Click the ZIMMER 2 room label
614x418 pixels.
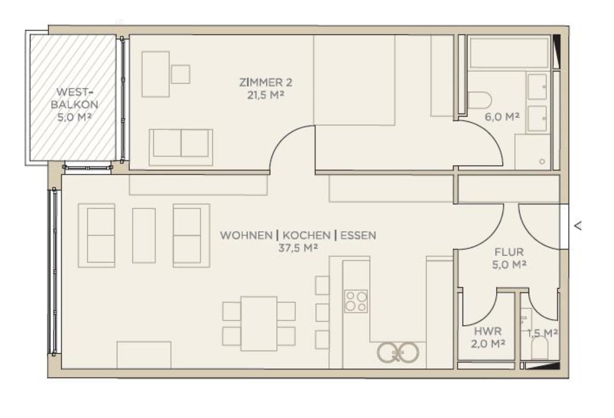coord(266,82)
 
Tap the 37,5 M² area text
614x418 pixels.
coord(298,248)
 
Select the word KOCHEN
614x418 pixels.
coord(306,235)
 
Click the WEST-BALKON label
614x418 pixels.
coord(74,98)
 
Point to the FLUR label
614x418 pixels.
coord(509,252)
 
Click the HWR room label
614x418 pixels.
coord(487,331)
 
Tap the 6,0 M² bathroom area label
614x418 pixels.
coord(502,116)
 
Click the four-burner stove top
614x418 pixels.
coord(356,301)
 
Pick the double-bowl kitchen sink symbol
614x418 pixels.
coord(398,353)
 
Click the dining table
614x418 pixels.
coord(259,324)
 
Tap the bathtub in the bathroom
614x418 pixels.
coord(508,53)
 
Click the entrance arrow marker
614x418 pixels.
coord(578,226)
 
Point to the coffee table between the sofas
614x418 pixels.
coord(144,235)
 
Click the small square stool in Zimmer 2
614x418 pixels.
coord(180,74)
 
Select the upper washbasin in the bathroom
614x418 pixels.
coord(537,87)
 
